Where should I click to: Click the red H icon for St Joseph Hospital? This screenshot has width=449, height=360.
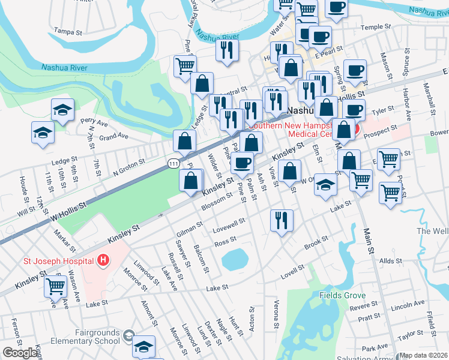click(x=103, y=260)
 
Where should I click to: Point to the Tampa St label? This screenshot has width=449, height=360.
click(x=68, y=30)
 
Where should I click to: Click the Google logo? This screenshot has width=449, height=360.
click(x=20, y=353)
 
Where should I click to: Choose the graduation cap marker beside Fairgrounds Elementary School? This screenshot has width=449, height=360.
click(x=143, y=346)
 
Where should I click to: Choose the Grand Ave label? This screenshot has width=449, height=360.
click(x=114, y=137)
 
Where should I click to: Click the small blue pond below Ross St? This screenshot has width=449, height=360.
click(x=235, y=260)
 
